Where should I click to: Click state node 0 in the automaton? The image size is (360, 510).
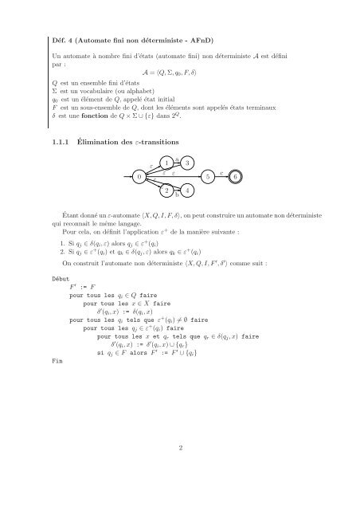pyautogui.click(x=139, y=175)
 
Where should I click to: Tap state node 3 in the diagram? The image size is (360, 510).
pyautogui.click(x=186, y=163)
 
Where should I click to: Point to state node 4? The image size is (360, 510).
pyautogui.click(x=186, y=190)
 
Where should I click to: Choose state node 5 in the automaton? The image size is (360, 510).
pyautogui.click(x=207, y=175)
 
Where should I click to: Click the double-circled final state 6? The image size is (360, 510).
pyautogui.click(x=237, y=175)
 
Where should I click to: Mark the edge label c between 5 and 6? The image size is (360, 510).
pyautogui.click(x=221, y=171)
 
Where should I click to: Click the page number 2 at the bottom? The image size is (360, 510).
pyautogui.click(x=180, y=448)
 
